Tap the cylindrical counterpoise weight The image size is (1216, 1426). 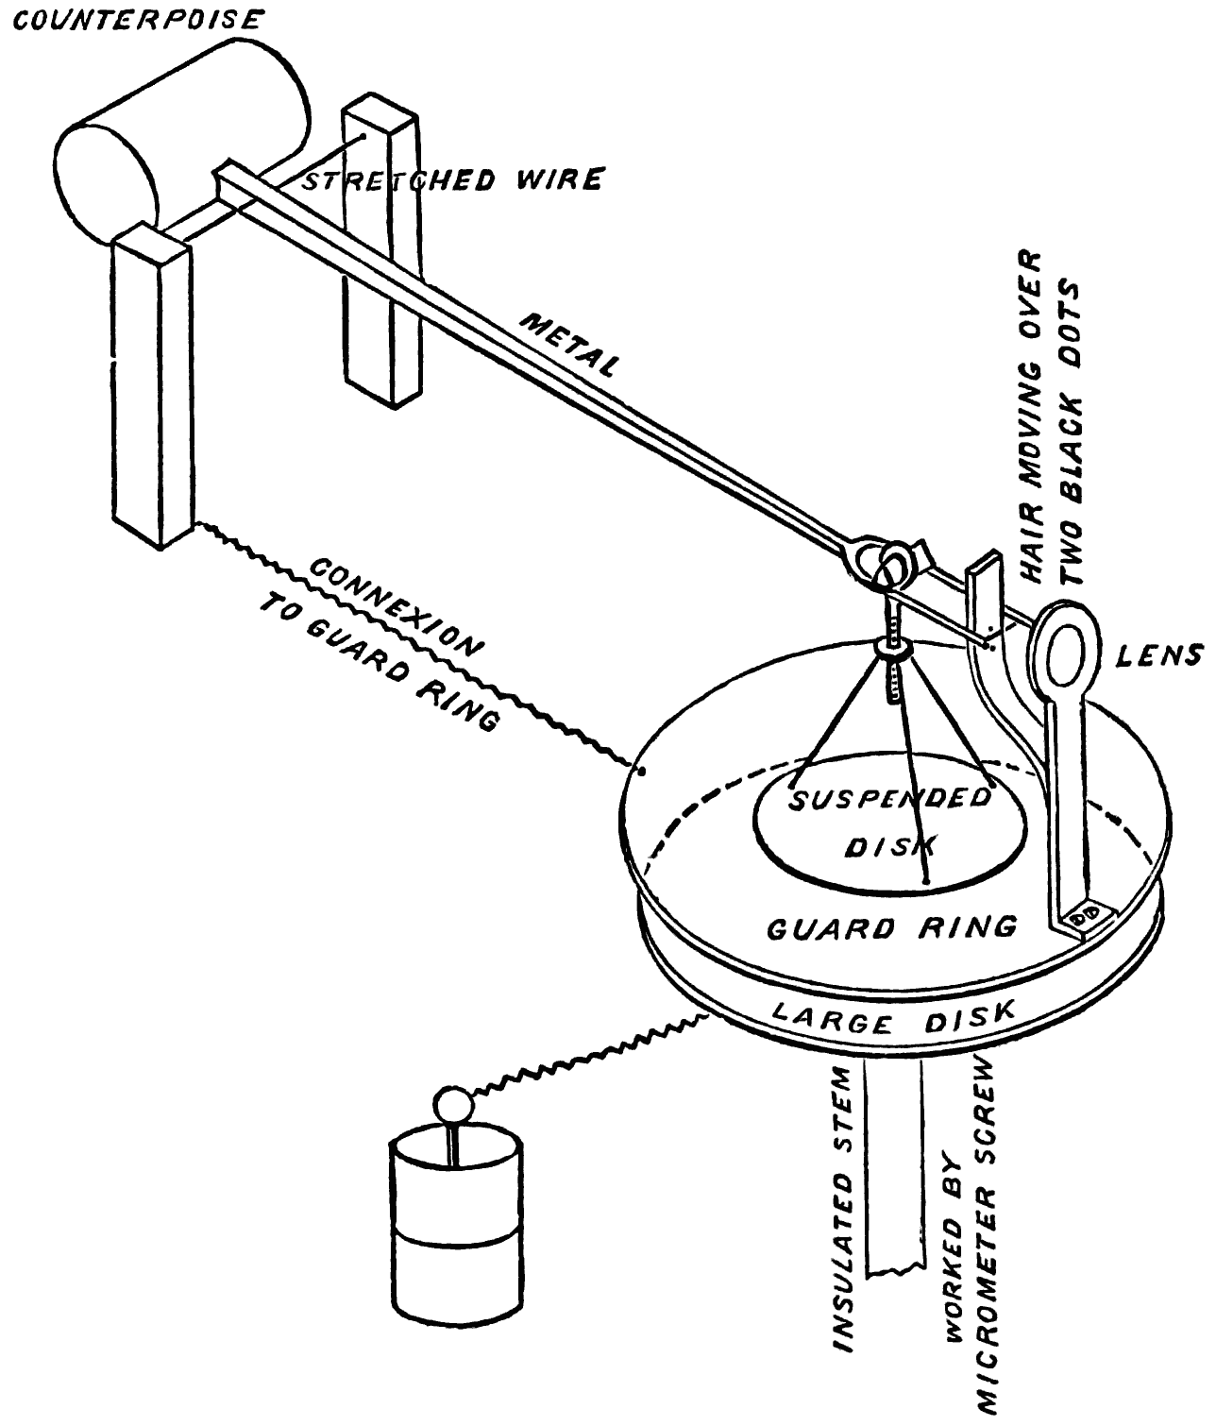click(x=179, y=142)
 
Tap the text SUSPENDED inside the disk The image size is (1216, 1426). click(x=888, y=802)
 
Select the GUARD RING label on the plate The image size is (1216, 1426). click(x=891, y=927)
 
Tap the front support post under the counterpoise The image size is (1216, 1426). click(x=151, y=387)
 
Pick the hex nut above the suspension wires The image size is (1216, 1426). click(x=891, y=649)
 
